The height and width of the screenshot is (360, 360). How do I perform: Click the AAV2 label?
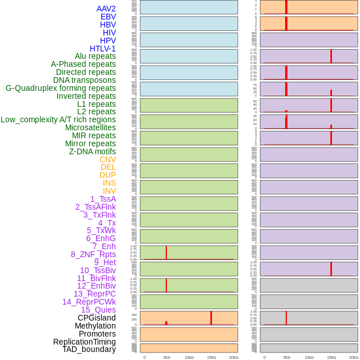(x=106, y=9)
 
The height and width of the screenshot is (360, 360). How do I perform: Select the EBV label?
(x=108, y=17)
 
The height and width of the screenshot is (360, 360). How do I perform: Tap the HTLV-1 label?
(x=103, y=49)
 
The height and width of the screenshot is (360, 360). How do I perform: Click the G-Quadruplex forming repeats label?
(x=61, y=88)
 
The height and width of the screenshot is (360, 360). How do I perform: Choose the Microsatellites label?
(x=90, y=127)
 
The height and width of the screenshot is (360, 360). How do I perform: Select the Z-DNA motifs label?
(x=93, y=151)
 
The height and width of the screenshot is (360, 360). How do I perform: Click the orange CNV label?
(x=107, y=159)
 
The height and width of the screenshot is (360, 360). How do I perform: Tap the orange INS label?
(x=109, y=183)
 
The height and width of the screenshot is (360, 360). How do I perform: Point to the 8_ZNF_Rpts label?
(x=93, y=254)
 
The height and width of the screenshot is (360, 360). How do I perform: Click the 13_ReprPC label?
(x=94, y=294)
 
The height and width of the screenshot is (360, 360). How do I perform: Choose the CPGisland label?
(x=97, y=318)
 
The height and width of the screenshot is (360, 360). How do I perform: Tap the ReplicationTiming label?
(x=85, y=342)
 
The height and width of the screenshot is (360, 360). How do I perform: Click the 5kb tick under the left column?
(x=167, y=357)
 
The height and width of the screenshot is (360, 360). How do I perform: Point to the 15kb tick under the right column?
(x=331, y=357)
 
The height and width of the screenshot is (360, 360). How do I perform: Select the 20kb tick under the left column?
(x=234, y=357)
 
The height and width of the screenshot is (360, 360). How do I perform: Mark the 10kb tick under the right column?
(x=309, y=357)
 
